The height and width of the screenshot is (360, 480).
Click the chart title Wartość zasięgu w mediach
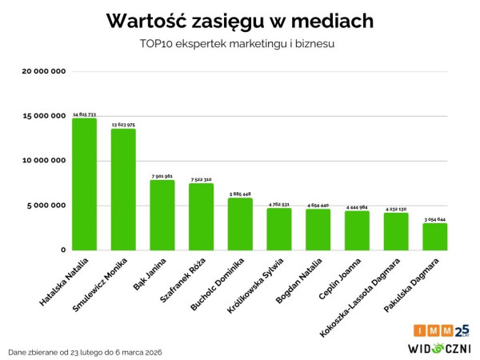click(x=239, y=20)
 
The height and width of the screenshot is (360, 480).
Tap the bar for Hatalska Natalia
click(x=84, y=184)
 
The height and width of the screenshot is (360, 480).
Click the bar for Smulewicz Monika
click(x=123, y=190)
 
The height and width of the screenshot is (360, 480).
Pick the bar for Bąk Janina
click(x=162, y=214)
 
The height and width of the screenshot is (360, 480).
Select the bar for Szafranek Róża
click(x=201, y=216)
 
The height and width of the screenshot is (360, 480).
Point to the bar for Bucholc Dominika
click(x=240, y=224)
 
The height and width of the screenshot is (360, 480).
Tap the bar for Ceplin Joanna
click(x=357, y=230)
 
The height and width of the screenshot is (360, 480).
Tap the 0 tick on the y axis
click(x=62, y=250)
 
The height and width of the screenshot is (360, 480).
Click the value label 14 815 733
click(x=84, y=114)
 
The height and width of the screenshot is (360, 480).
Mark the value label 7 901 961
click(x=162, y=176)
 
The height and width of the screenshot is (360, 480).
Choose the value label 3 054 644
click(x=435, y=219)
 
